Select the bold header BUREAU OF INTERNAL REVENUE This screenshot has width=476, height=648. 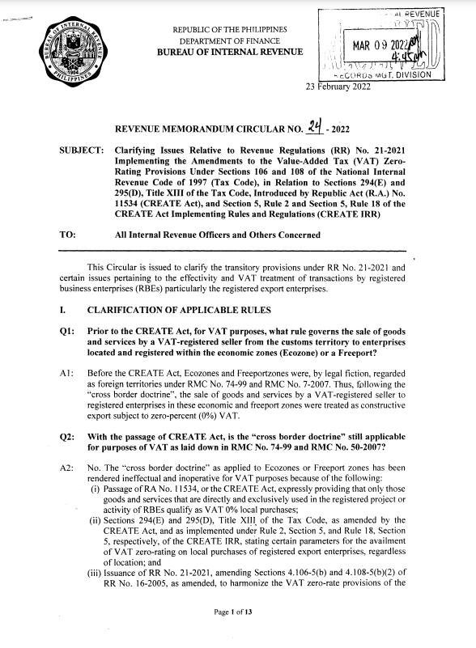pos(231,53)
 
